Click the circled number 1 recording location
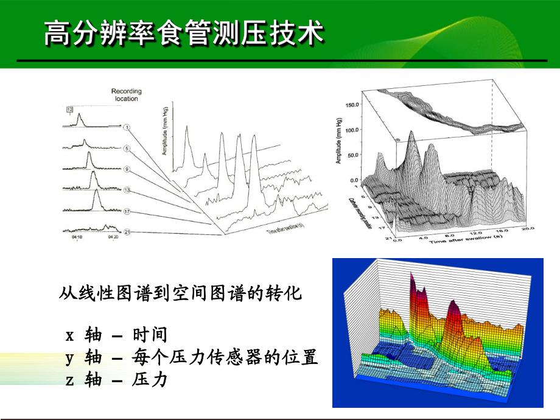[x=127, y=127]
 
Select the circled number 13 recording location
[x=127, y=190]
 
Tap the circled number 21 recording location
[x=127, y=232]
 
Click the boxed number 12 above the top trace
[x=70, y=109]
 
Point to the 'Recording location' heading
[x=126, y=94]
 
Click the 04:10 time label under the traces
[x=77, y=239]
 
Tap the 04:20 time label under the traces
[x=113, y=239]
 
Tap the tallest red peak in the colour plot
[x=414, y=281]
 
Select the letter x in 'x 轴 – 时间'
[x=70, y=335]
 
